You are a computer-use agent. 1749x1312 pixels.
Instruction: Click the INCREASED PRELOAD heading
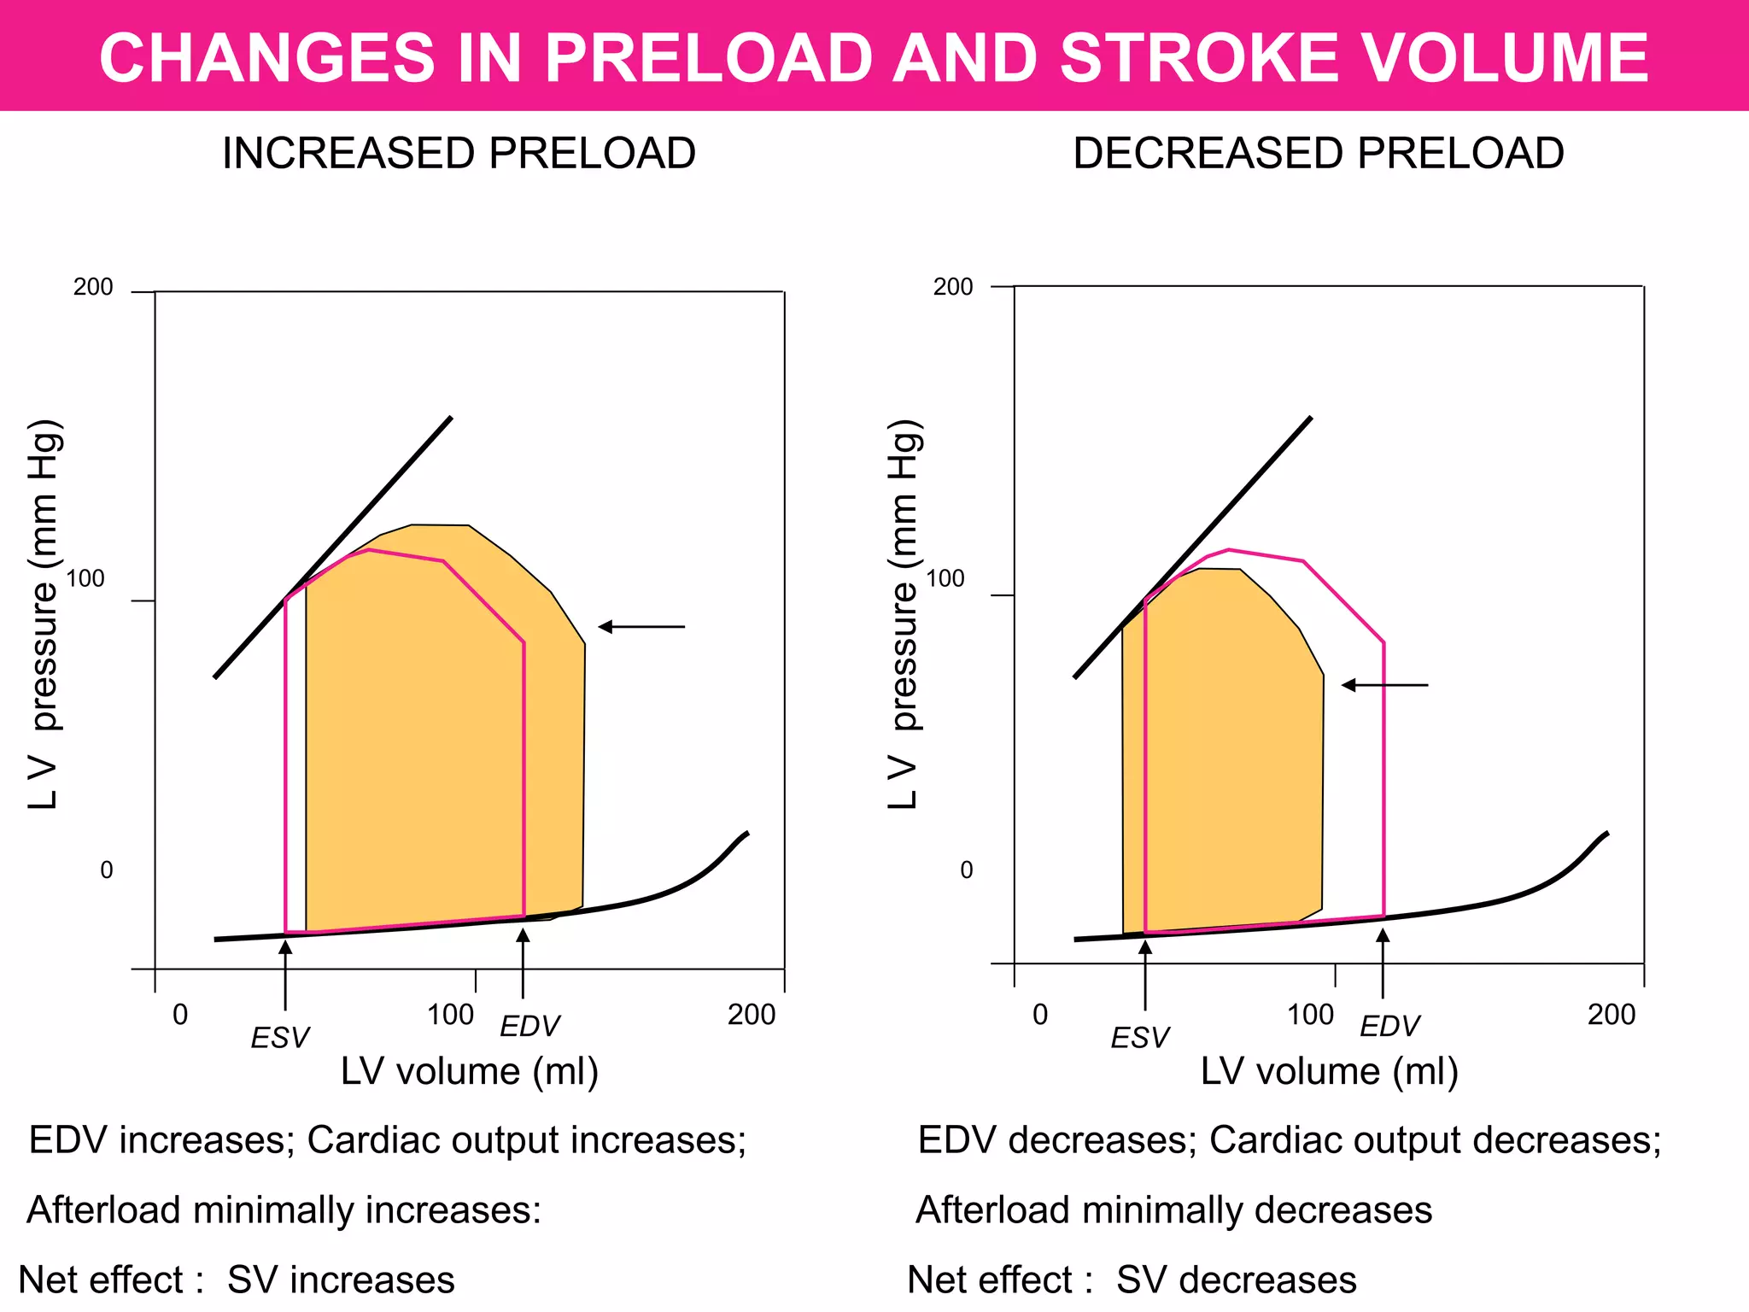point(459,154)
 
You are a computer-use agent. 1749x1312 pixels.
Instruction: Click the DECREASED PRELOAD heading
point(1318,154)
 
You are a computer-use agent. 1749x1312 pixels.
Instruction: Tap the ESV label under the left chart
point(279,1038)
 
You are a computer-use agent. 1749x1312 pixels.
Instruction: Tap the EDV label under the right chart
point(1389,1026)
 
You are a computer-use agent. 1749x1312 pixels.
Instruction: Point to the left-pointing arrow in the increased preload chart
point(641,627)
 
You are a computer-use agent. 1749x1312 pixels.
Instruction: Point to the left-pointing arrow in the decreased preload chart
point(1383,685)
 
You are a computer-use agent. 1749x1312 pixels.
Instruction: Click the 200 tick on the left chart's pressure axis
point(93,287)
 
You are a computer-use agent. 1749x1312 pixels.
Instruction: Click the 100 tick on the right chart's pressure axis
point(945,579)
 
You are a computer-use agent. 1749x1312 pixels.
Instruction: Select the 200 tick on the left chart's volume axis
point(752,1015)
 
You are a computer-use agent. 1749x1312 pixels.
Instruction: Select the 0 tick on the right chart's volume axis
point(1039,1015)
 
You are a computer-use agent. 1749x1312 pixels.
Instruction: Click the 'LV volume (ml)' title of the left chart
point(469,1071)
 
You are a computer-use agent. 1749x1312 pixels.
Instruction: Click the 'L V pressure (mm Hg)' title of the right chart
point(904,615)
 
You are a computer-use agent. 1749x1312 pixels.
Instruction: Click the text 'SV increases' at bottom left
point(341,1280)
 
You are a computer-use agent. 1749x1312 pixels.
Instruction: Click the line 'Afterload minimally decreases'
point(1173,1210)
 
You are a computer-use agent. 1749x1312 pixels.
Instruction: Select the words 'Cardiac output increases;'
point(526,1140)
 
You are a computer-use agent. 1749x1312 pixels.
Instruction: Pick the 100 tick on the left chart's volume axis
point(450,1015)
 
